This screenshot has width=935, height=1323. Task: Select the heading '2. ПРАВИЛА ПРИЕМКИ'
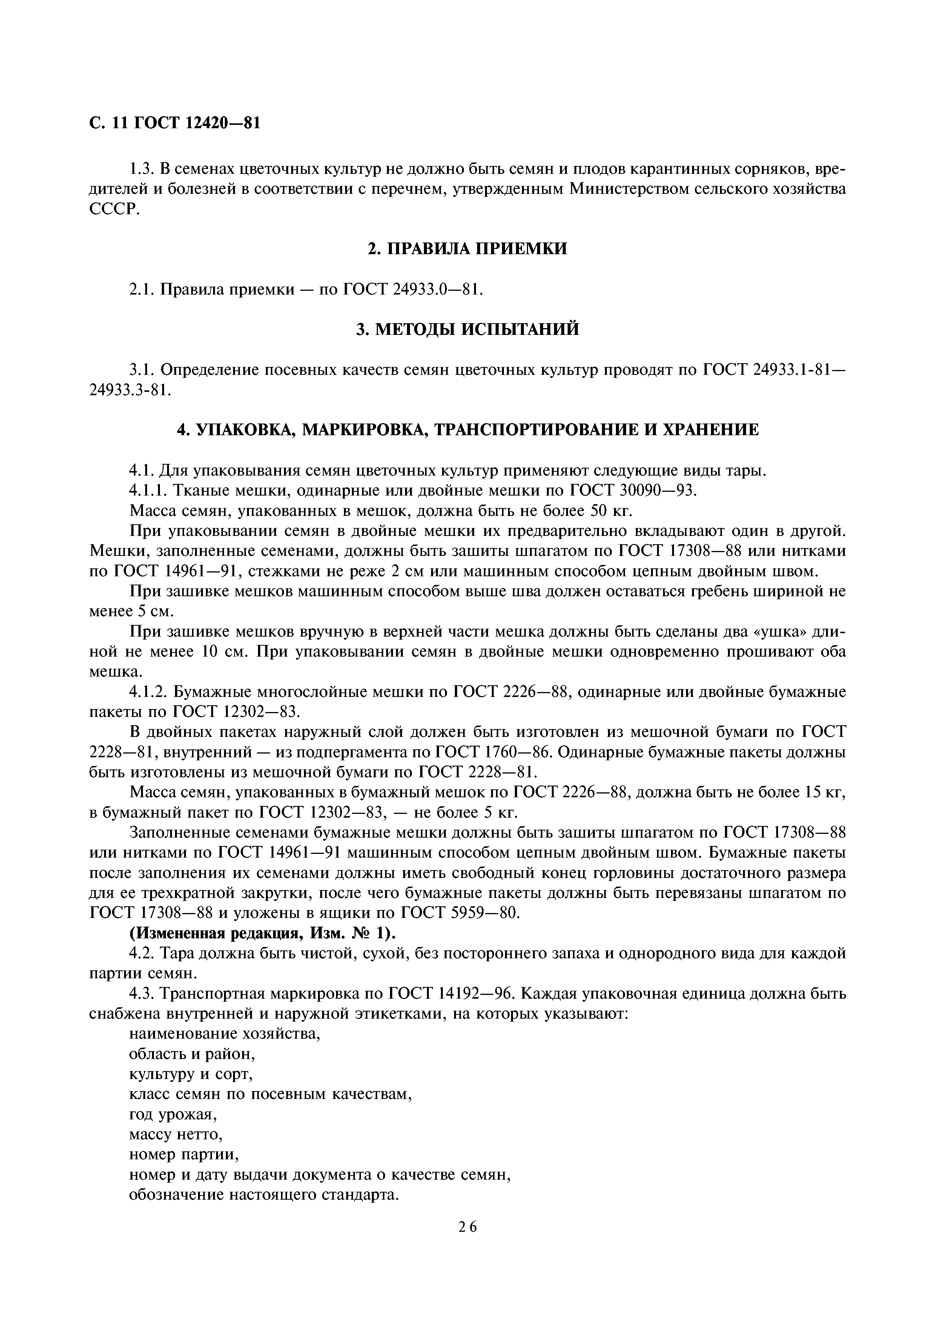(x=467, y=249)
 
